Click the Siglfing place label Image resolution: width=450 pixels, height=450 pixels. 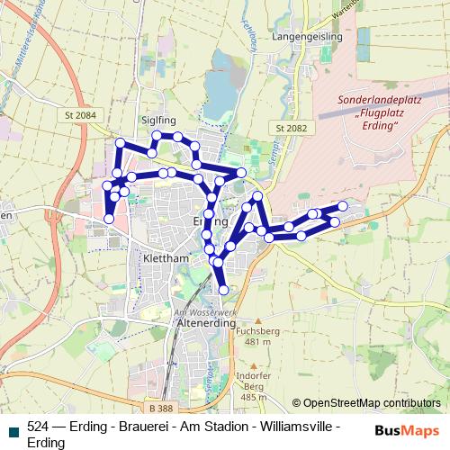click(132, 117)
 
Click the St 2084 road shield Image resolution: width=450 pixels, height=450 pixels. click(81, 116)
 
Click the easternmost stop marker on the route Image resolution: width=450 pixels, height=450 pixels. click(343, 206)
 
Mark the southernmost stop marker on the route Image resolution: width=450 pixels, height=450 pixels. click(223, 289)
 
